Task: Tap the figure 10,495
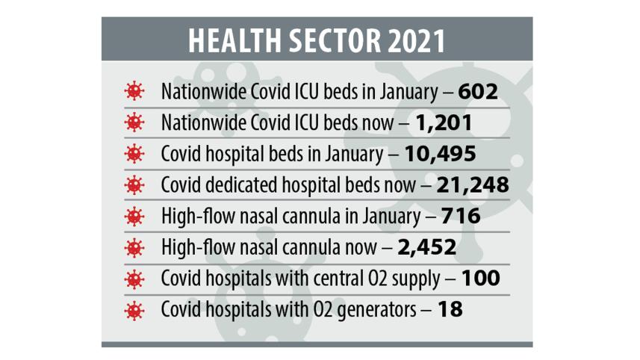click(440, 154)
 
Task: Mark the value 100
click(480, 278)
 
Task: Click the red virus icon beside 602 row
click(134, 92)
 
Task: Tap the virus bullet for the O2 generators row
click(134, 309)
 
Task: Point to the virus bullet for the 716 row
click(134, 217)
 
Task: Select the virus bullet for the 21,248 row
click(134, 185)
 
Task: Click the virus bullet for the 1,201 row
click(134, 123)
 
